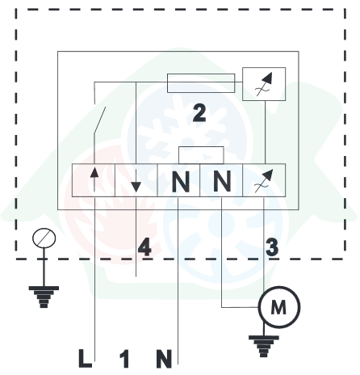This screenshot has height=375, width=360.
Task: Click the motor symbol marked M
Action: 279,307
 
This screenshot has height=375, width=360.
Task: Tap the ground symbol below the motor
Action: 263,346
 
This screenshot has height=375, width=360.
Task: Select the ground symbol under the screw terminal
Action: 44,297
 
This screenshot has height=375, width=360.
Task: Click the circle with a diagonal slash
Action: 44,238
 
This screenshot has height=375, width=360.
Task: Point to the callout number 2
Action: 199,113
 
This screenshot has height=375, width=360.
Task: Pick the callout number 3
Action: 272,247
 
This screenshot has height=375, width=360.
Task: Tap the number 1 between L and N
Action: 124,359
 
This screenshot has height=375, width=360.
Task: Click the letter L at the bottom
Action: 85,359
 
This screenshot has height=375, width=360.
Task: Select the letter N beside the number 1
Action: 164,359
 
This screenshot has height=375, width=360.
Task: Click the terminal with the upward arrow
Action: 94,180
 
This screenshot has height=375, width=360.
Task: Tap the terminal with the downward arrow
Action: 136,180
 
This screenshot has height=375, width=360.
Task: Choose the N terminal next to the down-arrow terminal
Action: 178,180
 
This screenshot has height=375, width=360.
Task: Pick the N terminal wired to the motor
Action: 221,180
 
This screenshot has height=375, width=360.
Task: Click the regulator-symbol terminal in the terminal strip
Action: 264,180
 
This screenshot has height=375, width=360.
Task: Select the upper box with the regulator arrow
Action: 264,84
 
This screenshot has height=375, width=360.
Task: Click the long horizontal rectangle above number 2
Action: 201,83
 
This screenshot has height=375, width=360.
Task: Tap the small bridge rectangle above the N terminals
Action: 201,155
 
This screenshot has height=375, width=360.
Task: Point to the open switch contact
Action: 99,120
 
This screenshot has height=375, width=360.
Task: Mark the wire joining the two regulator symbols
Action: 266,133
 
